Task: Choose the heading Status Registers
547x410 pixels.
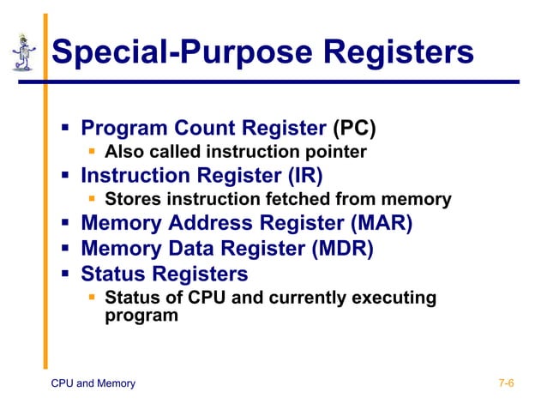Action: point(164,274)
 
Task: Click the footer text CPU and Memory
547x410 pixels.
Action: point(93,383)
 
